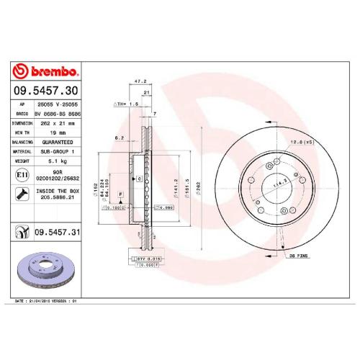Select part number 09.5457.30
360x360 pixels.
pos(45,91)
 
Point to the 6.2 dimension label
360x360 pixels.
pos(120,137)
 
